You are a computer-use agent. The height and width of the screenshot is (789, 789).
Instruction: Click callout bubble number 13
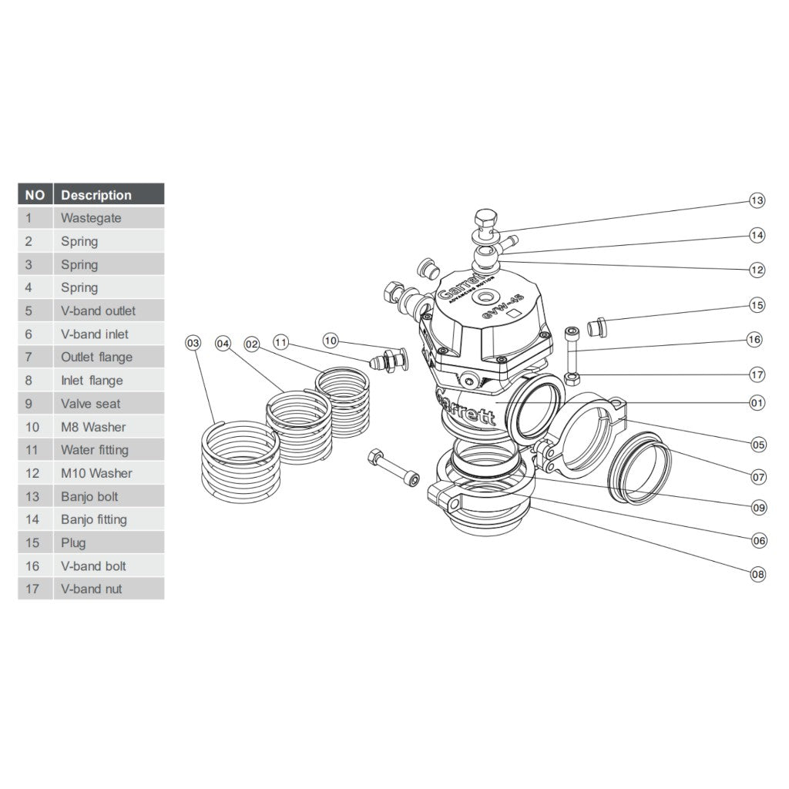pos(757,201)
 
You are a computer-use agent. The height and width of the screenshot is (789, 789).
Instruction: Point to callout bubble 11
pos(281,341)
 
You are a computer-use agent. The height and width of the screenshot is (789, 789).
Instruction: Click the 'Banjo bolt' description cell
pos(90,496)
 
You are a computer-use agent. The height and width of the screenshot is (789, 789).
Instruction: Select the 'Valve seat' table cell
pos(91,404)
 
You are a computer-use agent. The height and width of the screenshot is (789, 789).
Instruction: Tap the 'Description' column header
pos(96,195)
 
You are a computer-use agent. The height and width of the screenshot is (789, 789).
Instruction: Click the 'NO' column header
pos(35,195)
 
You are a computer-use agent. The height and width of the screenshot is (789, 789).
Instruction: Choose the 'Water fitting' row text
pos(95,450)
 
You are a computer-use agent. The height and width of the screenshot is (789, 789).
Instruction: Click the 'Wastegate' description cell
pos(91,218)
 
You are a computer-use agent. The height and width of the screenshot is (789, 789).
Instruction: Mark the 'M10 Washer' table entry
pos(96,473)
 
